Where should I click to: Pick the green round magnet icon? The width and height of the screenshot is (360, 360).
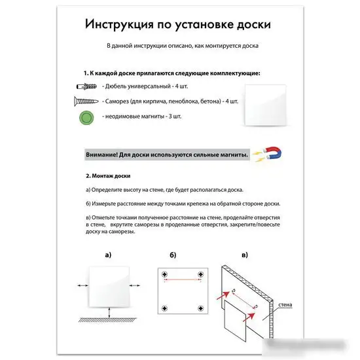86,118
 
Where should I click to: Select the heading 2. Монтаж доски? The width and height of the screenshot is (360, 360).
109,176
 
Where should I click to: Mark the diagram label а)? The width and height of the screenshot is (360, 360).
108,255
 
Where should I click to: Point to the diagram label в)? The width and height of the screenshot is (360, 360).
245,255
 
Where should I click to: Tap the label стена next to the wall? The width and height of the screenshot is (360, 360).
286,304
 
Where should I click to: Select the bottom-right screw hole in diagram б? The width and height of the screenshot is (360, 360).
199,306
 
